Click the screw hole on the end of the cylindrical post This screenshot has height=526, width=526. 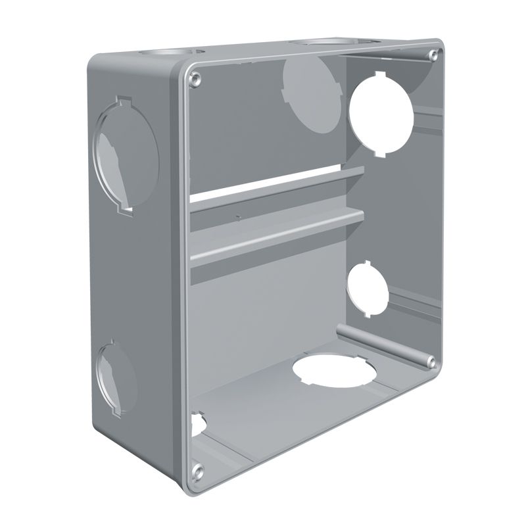pos(430,361)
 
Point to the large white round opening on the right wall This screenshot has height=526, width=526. pos(381,113)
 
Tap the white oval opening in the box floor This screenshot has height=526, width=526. pos(333,370)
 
